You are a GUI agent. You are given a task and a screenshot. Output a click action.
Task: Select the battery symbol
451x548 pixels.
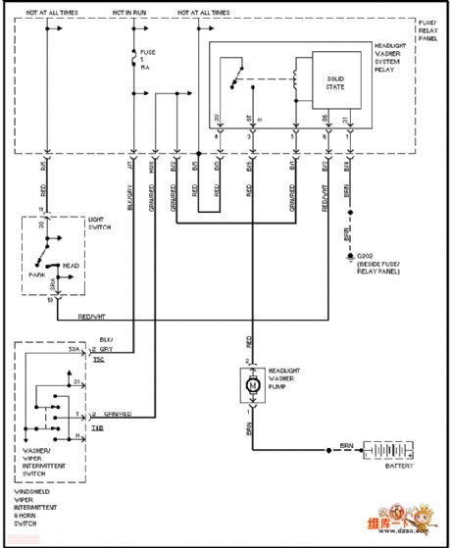click(x=387, y=451)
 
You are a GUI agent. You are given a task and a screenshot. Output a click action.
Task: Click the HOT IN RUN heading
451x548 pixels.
click(x=131, y=13)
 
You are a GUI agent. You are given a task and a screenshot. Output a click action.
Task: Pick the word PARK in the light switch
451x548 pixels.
click(x=40, y=275)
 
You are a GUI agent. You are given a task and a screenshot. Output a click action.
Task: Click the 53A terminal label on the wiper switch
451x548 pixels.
click(x=73, y=349)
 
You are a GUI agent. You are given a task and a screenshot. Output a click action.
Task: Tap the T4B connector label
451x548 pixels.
click(x=98, y=426)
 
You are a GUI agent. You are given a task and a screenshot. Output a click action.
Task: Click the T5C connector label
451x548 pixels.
click(x=98, y=360)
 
